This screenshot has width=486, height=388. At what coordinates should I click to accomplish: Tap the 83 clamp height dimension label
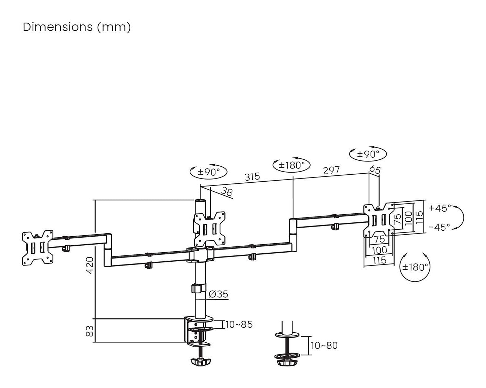pyautogui.click(x=90, y=331)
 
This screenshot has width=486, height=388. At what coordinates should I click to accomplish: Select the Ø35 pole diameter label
pyautogui.click(x=219, y=294)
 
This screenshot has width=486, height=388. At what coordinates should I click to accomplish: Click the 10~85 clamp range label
pyautogui.click(x=239, y=325)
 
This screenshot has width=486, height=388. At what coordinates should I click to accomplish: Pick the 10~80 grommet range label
pyautogui.click(x=324, y=346)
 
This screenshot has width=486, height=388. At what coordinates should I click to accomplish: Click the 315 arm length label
pyautogui.click(x=252, y=176)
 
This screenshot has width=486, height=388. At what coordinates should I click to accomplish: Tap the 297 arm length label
pyautogui.click(x=331, y=170)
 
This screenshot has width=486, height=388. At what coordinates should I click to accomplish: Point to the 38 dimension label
pyautogui.click(x=226, y=191)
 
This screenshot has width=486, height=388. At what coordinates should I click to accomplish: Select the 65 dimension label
pyautogui.click(x=375, y=170)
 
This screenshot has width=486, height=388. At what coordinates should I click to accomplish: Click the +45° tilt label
pyautogui.click(x=439, y=208)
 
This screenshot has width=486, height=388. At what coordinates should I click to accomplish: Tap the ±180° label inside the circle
pyautogui.click(x=415, y=267)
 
